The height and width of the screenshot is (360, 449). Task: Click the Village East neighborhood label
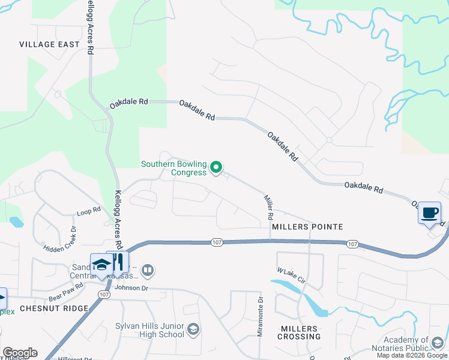[49, 44]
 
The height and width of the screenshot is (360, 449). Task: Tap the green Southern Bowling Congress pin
[217, 167]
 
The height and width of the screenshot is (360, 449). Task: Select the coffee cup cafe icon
[429, 213]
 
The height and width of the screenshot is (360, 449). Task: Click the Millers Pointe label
[307, 227]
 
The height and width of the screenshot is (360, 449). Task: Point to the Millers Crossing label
[298, 332]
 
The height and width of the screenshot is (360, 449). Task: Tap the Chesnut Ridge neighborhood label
[54, 308]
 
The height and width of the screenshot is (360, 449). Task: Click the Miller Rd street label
[269, 206]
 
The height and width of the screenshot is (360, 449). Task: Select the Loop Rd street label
[88, 212]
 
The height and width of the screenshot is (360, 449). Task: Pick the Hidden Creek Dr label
[61, 239]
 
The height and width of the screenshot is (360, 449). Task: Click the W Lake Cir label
[292, 277]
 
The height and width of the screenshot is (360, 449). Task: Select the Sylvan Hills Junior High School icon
[193, 329]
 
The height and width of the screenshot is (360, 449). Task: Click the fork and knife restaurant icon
[118, 262]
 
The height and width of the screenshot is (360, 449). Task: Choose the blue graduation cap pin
[101, 265]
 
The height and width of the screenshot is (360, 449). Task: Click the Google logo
[20, 353]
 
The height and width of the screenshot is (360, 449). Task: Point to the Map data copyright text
[412, 355]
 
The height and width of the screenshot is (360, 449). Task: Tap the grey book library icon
[148, 271]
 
